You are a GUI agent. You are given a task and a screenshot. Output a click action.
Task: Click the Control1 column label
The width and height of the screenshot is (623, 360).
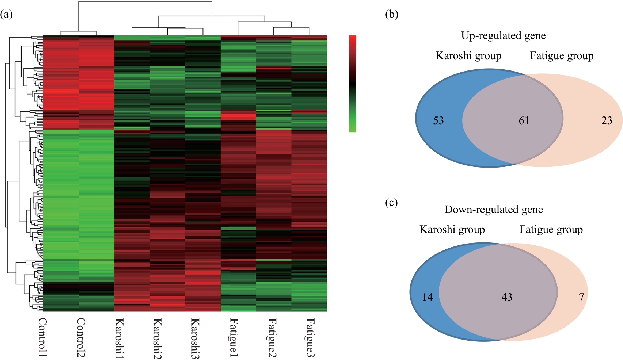pos(43,337)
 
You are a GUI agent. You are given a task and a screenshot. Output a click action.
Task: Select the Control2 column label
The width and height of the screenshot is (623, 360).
pos(81,337)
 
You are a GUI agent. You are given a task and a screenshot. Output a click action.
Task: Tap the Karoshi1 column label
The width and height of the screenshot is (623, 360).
pos(119,337)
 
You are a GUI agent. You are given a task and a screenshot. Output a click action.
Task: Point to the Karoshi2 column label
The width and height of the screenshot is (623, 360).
pos(157,337)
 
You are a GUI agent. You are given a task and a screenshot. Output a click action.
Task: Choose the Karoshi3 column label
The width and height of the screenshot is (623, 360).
pos(195,337)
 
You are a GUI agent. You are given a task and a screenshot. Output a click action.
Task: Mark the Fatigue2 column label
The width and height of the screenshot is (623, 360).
pos(272,337)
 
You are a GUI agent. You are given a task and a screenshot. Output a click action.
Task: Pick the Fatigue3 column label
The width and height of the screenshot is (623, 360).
pos(310,337)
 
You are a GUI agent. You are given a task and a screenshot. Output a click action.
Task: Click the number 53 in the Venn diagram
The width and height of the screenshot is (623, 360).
pos(438,120)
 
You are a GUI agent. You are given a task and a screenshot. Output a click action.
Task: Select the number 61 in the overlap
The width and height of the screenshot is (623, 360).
pos(524,120)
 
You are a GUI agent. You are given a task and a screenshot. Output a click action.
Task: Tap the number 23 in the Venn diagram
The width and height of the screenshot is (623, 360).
pos(607,120)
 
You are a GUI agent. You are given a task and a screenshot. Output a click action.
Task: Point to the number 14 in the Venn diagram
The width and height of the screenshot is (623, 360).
pos(428,297)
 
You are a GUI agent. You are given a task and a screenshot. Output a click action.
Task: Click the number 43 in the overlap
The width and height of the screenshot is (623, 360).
pos(507,297)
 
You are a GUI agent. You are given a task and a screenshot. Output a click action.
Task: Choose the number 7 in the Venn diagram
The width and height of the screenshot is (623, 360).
pos(581,297)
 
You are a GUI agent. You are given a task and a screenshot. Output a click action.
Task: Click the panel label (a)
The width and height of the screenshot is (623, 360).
pos(7,15)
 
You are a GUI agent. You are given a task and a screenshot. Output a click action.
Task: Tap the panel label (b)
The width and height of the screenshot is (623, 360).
pos(392,15)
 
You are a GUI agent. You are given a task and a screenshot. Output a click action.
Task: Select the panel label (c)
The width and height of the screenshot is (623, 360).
pos(391,203)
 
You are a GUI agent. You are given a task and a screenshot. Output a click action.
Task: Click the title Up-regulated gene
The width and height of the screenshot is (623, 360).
pos(504,36)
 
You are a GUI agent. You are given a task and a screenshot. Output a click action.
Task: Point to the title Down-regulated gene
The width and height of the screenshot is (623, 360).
pos(494,210)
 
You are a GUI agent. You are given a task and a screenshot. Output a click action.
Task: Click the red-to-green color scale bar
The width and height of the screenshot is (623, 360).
pos(352,84)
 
